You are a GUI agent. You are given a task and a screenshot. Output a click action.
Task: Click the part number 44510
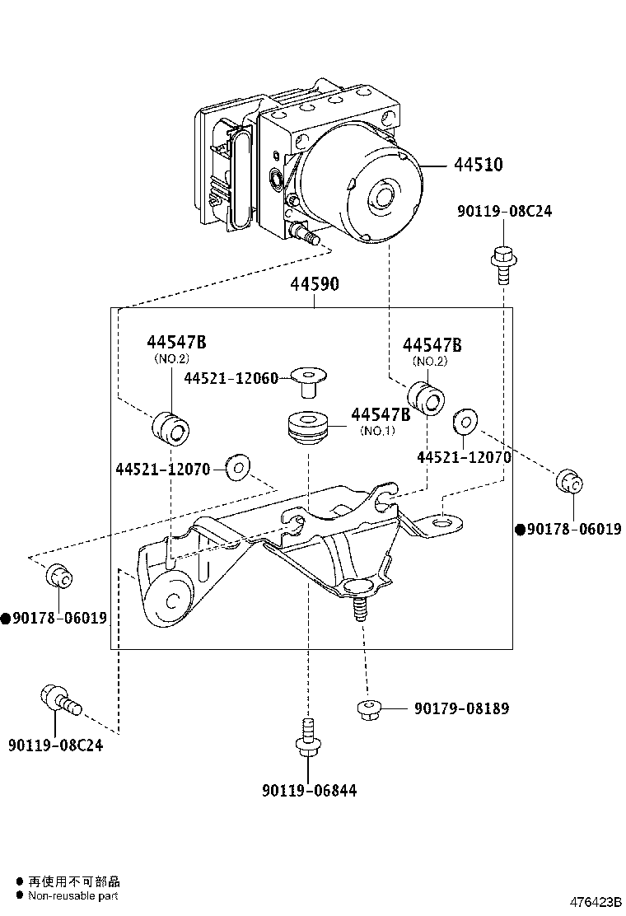tap(479, 165)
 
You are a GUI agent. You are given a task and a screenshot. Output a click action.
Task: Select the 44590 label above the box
tap(315, 284)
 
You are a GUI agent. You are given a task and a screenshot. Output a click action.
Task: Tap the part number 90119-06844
tap(310, 791)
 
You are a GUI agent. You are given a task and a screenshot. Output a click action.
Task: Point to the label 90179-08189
tap(462, 708)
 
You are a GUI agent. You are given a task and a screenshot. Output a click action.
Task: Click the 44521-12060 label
tap(231, 378)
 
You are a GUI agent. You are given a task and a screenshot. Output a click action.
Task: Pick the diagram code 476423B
tap(596, 902)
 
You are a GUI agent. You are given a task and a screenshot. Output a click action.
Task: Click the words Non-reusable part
tap(73, 895)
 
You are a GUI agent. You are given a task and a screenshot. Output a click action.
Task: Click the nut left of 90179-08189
tap(368, 709)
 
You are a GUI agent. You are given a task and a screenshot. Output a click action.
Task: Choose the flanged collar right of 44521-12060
tap(309, 381)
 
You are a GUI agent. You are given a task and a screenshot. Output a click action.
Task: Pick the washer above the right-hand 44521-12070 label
tap(465, 423)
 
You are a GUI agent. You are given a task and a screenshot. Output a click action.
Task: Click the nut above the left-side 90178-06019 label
tap(59, 576)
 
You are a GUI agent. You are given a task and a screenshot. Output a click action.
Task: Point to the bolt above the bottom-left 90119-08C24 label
tap(61, 699)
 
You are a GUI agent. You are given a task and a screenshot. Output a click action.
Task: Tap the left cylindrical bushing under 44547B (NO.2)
tap(171, 428)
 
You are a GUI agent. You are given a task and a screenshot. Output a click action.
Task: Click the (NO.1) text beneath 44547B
tap(377, 431)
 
